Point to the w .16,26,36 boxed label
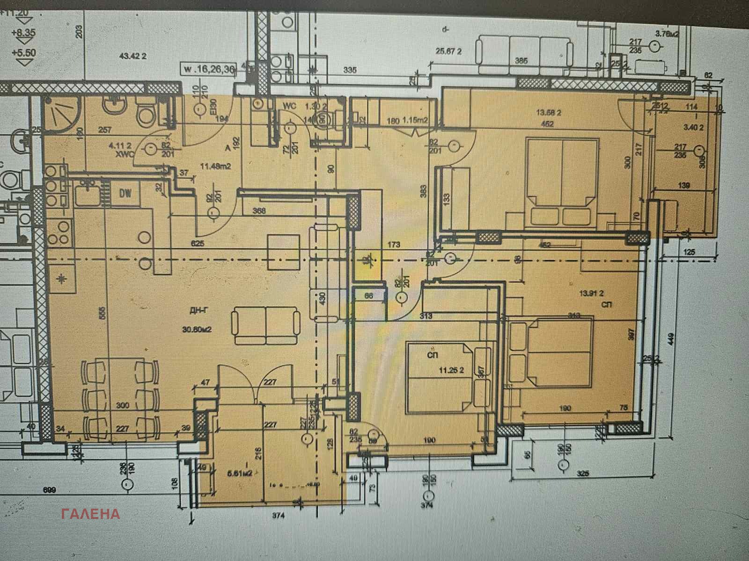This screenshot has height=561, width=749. pos(209,69)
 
